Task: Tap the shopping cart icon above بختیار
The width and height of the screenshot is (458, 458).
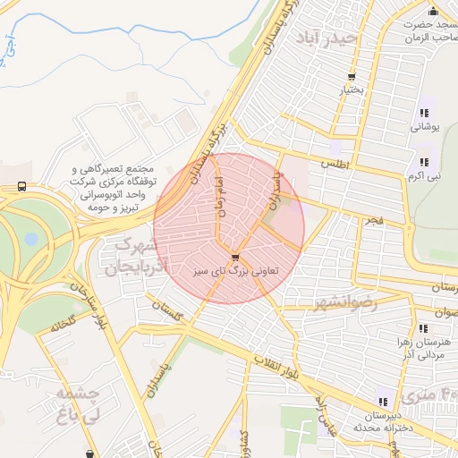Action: (x=352, y=77)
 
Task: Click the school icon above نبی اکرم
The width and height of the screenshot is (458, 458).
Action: (x=424, y=163)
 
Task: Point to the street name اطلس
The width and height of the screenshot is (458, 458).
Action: (x=335, y=165)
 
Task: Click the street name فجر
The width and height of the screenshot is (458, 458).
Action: (x=372, y=219)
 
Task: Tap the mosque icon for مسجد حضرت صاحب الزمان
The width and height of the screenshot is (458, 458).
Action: (x=433, y=11)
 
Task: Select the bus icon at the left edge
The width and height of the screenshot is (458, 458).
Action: (x=21, y=187)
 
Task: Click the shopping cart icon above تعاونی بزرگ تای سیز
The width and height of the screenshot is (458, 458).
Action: (x=235, y=257)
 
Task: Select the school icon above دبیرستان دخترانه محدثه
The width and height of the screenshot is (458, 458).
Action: (x=383, y=402)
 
